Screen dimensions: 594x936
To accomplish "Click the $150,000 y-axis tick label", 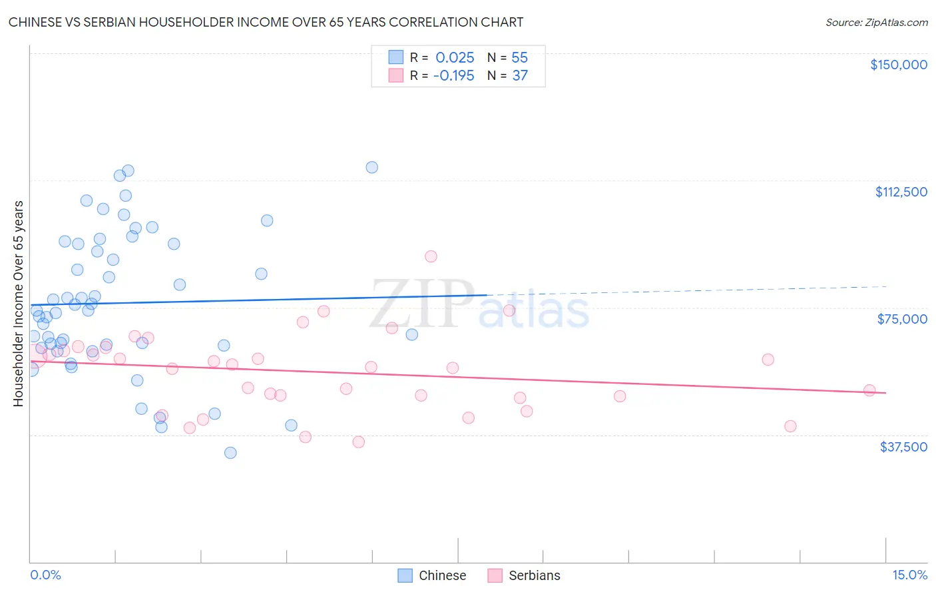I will (x=898, y=65).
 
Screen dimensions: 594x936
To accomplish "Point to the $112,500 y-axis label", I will (x=901, y=192).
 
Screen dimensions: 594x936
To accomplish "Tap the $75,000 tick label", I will (x=902, y=319).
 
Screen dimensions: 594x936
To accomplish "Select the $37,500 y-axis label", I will (x=903, y=447).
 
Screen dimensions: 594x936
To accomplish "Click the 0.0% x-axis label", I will (x=45, y=575).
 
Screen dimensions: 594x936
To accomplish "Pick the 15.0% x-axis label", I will (x=909, y=575).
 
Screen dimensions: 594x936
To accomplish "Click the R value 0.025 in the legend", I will (x=455, y=57).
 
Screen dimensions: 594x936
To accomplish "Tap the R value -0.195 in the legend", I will (x=453, y=76).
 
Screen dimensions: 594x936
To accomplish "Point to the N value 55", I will (x=519, y=57).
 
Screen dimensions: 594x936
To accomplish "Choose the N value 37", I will (x=519, y=76).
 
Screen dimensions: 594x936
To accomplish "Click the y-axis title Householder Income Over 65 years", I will (x=19, y=304).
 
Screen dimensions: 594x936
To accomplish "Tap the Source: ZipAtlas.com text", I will (x=876, y=22).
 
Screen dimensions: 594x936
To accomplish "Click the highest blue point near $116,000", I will (x=371, y=167).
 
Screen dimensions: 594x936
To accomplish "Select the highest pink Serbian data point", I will (x=431, y=256).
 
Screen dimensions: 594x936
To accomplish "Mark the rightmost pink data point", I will (x=869, y=390).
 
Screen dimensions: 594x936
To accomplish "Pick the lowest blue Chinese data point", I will (x=230, y=453).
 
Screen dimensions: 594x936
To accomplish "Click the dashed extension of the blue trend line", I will (x=686, y=290).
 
